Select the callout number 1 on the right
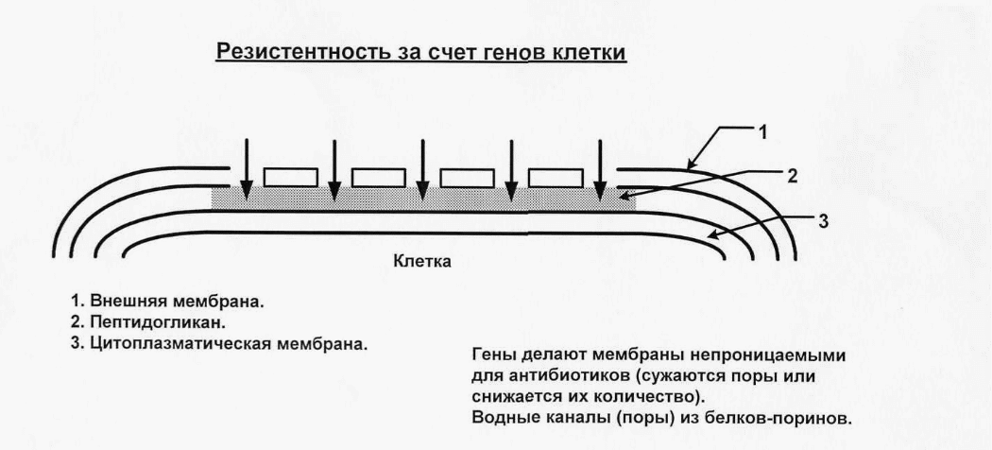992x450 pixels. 762,132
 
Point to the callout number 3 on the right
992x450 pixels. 823,221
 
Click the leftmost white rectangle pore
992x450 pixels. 289,177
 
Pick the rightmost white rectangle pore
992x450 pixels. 556,177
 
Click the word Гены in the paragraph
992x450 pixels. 490,356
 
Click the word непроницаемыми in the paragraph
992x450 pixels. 771,356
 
